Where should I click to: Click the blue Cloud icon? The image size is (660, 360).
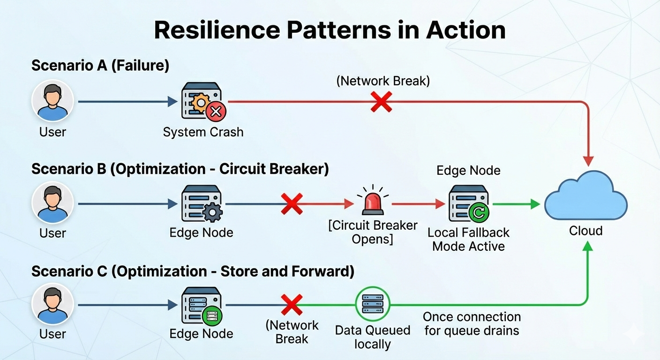[585, 196]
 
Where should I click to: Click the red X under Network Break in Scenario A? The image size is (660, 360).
[381, 102]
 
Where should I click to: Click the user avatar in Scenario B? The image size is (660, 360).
[52, 203]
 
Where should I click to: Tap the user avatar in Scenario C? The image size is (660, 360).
[52, 304]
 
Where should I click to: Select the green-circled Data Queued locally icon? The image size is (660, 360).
[373, 304]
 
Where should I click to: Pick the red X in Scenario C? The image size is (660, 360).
[292, 305]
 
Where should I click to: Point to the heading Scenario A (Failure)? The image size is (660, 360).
[100, 66]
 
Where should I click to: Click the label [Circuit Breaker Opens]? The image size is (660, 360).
[373, 232]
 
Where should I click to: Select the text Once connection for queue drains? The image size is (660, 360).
[472, 323]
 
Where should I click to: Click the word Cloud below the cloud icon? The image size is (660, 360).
[585, 231]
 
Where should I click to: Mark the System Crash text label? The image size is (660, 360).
[203, 132]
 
